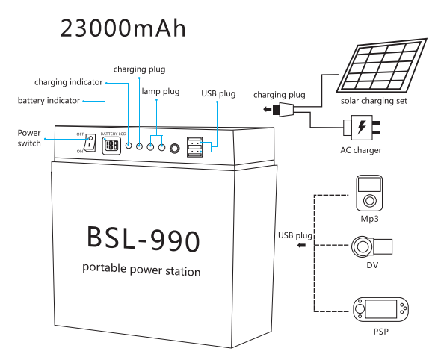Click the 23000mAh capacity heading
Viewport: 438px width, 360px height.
pos(123,28)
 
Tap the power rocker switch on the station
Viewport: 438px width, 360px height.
pos(90,143)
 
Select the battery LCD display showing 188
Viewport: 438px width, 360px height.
pos(111,146)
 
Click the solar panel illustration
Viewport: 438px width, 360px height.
pos(382,65)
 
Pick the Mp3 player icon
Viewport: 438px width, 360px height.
pos(369,193)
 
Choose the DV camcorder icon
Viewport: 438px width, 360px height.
pos(371,246)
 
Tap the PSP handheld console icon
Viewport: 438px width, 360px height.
pos(380,309)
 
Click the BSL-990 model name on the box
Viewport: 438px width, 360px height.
pos(144,239)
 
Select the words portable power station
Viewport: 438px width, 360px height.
pos(141,270)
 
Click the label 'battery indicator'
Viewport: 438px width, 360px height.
pos(49,101)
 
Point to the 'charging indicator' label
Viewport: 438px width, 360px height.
pos(69,82)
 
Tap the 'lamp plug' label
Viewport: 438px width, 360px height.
pos(161,92)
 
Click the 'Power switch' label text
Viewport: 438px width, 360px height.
pos(29,138)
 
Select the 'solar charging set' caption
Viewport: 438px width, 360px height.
pos(374,101)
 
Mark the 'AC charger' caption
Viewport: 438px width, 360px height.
pos(360,150)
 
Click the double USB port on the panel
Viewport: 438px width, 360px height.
pos(194,147)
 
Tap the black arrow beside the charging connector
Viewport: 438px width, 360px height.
pos(268,109)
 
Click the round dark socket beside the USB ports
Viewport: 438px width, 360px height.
pos(175,148)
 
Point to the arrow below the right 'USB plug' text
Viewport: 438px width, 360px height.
pos(301,246)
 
